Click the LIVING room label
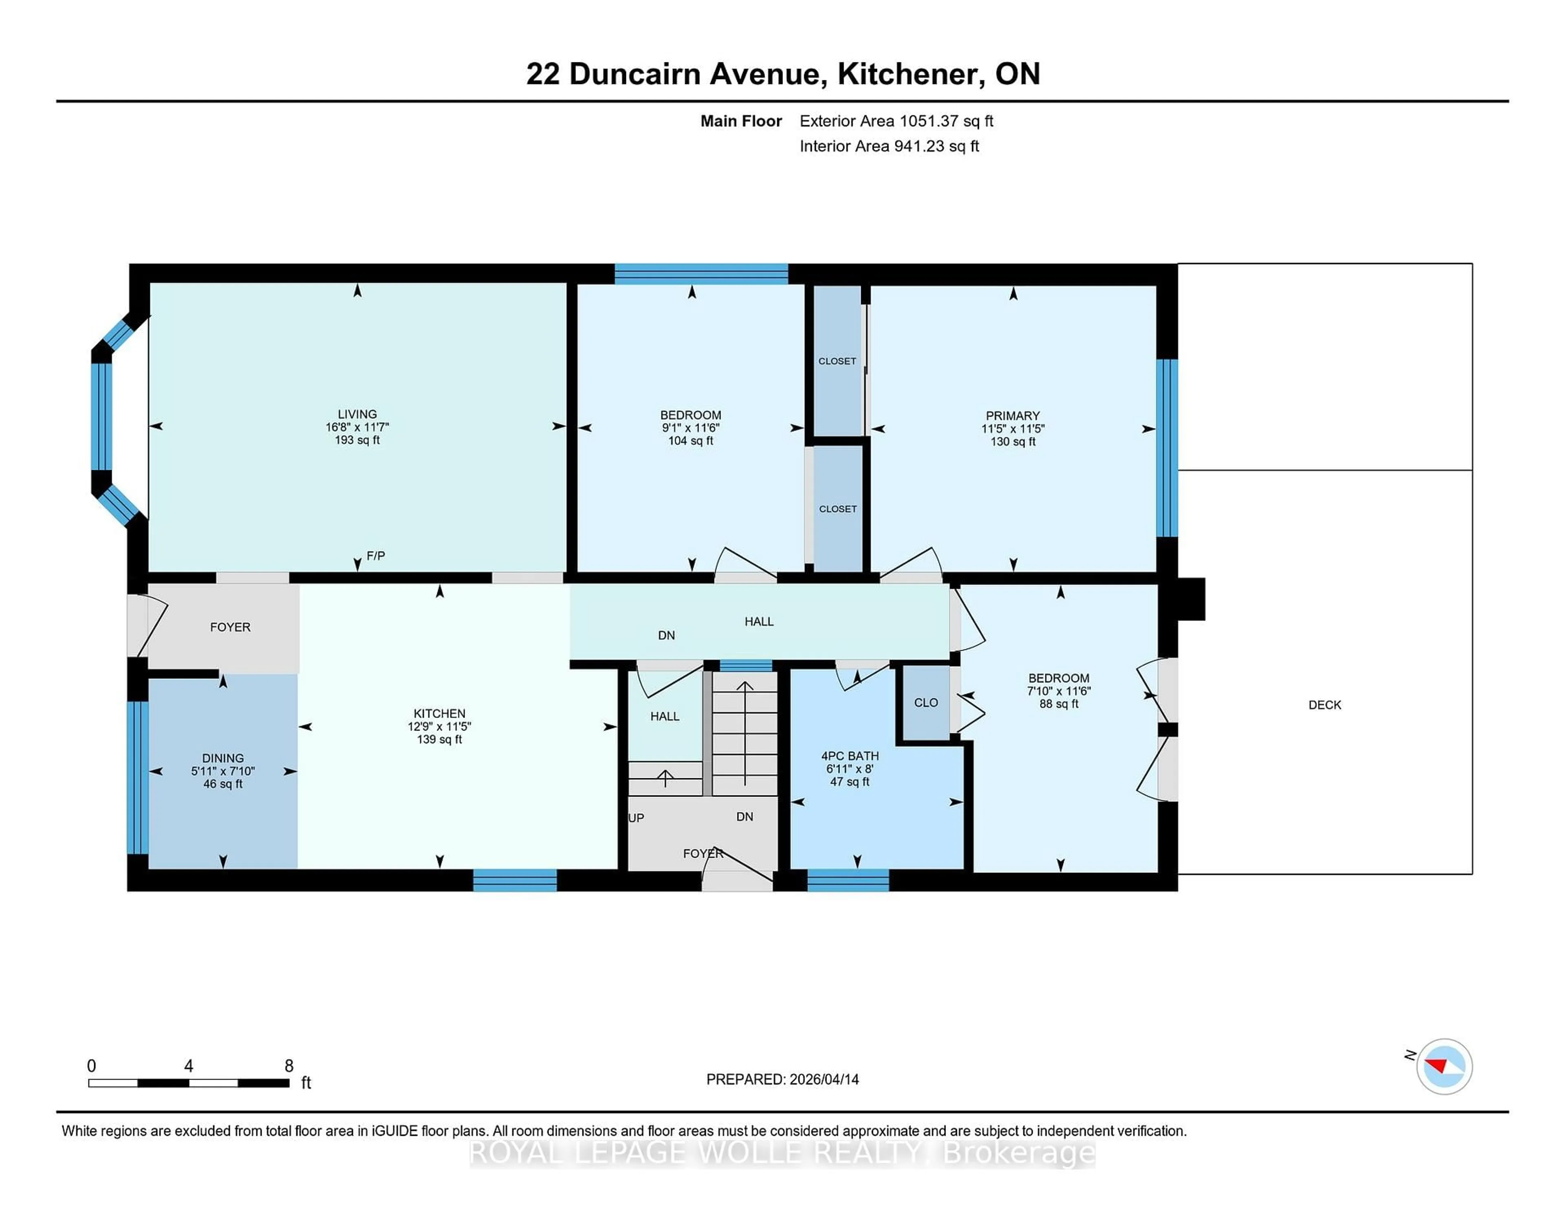click(357, 414)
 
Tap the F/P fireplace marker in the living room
click(375, 556)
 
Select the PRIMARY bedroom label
click(1012, 416)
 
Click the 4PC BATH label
click(849, 755)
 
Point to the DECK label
click(1324, 704)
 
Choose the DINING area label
click(223, 758)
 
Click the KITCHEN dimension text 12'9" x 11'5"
click(439, 726)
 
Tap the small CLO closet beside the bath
click(926, 702)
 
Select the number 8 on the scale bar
click(289, 1065)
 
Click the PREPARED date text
click(782, 1079)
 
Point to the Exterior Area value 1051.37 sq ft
click(946, 121)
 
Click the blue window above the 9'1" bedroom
click(701, 274)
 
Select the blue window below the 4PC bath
click(848, 879)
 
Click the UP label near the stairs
click(636, 818)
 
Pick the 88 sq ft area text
click(1058, 704)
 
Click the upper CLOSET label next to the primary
click(837, 361)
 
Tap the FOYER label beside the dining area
click(230, 627)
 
